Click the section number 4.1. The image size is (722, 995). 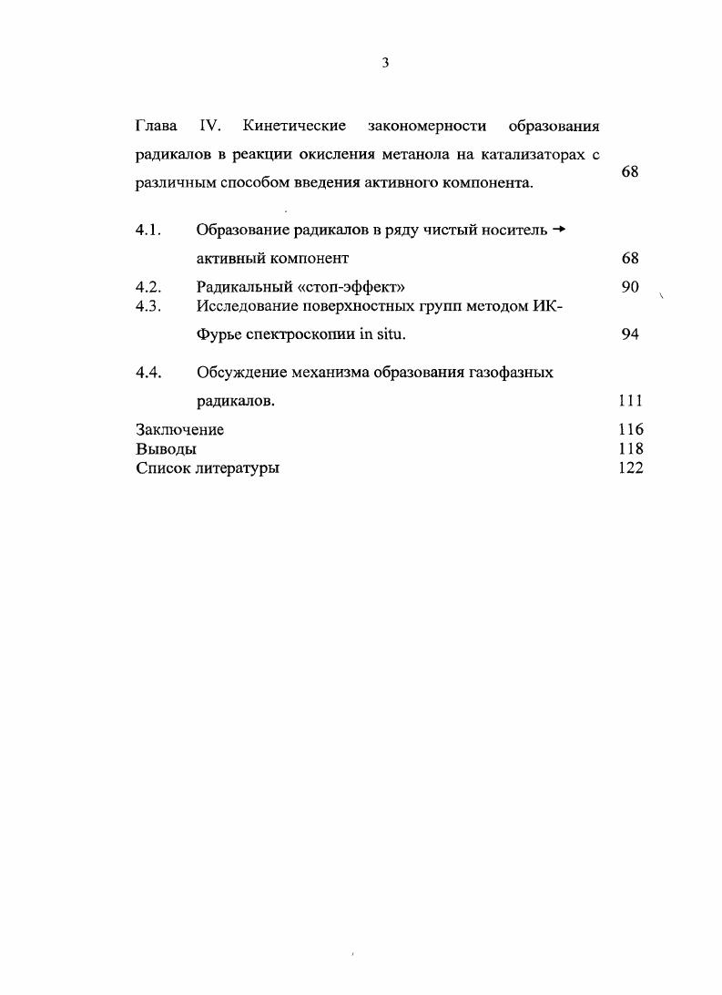[148, 230]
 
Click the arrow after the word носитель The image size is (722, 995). [559, 230]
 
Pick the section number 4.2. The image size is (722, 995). [148, 288]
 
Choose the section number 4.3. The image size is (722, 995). [148, 306]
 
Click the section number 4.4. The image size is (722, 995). [148, 373]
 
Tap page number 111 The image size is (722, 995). [630, 400]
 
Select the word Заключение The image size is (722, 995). [179, 429]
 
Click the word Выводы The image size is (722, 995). [166, 448]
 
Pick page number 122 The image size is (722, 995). [630, 467]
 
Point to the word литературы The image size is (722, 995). [238, 468]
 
